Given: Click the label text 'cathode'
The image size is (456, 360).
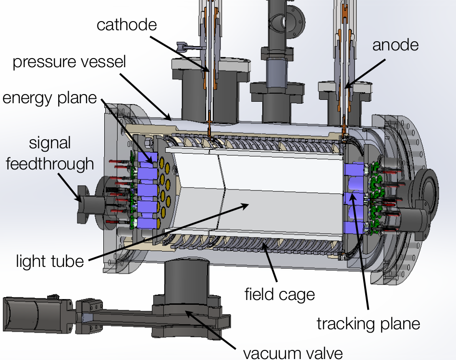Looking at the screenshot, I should click(127, 24).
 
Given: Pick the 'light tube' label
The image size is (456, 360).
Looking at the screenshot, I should click(50, 261).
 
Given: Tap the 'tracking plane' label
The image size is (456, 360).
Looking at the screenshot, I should click(368, 323).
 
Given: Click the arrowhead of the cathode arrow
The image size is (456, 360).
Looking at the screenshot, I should click(209, 72).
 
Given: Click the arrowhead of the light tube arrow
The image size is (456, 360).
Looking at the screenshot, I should click(247, 204).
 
